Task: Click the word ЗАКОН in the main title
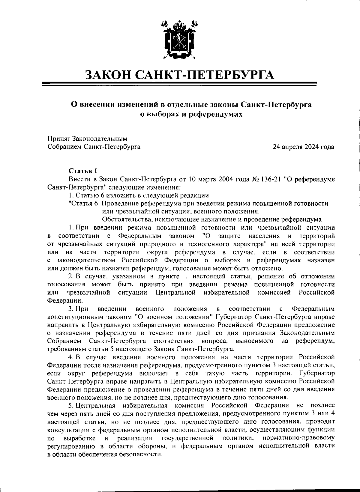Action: point(108,75)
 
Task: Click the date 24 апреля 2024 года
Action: point(303,147)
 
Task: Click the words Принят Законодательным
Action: point(87,139)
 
